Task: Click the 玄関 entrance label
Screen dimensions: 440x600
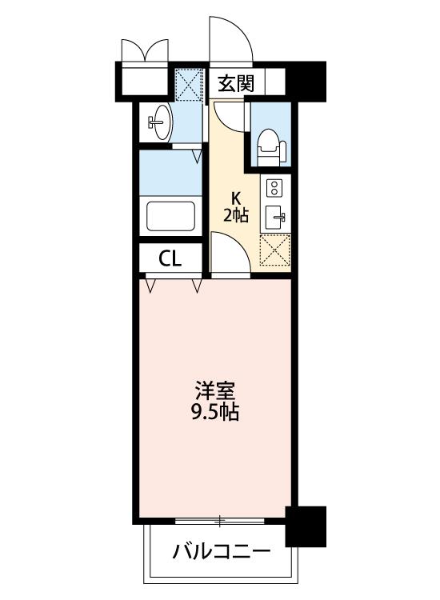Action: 236,83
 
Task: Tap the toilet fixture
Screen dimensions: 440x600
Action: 271,150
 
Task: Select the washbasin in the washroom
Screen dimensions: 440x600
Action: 161,122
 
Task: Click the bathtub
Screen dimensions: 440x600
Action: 170,216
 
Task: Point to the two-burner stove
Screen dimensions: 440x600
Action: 274,188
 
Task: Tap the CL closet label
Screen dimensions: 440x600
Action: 170,259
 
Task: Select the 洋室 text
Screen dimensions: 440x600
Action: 214,390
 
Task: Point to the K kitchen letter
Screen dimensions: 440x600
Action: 236,199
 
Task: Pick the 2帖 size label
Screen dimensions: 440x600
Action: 236,216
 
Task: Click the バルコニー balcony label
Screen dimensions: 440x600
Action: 222,552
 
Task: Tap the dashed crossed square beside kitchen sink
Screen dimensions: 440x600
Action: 275,250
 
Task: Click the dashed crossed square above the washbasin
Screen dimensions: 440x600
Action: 188,84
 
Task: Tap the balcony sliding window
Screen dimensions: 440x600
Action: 220,521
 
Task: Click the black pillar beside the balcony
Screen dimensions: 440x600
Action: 306,526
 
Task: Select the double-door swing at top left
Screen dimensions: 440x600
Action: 145,50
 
